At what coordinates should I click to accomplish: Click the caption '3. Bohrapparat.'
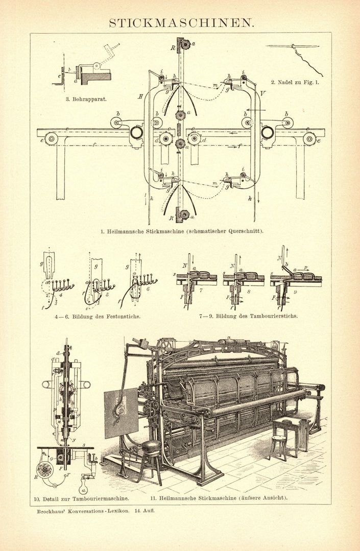pos(85,99)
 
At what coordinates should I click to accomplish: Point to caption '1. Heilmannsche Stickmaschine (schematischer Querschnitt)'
pos(182,231)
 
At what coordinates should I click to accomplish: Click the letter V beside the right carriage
pos(263,93)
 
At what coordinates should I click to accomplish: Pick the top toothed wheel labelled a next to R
pos(185,45)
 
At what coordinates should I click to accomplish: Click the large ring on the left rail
pos(137,133)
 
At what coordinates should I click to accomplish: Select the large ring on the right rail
pos(267,133)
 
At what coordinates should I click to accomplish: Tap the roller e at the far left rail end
pos(51,138)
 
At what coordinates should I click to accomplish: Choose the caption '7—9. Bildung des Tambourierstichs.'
pos(248,316)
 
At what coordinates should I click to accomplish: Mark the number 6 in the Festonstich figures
pos(148,289)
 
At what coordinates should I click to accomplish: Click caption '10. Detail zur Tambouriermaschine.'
pos(81,497)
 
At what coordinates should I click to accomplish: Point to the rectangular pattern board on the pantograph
pos(121,413)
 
